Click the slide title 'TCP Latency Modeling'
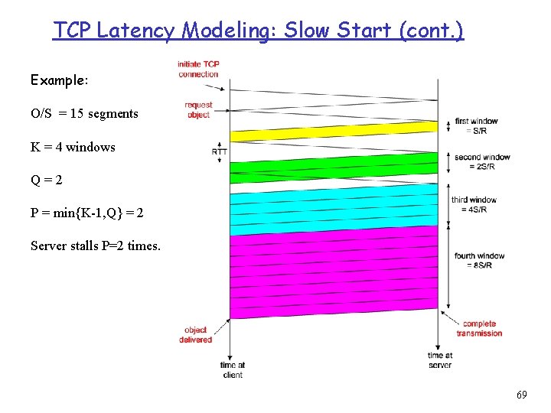tap(258, 31)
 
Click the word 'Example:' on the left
tap(60, 80)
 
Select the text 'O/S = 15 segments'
tap(84, 114)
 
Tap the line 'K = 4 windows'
tap(73, 147)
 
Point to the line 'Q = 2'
tap(47, 180)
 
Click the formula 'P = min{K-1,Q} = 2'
tap(86, 213)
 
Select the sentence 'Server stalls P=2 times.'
tap(95, 246)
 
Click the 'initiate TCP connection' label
tap(198, 69)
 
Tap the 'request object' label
tap(198, 110)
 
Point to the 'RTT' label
tap(219, 151)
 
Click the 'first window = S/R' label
tap(477, 125)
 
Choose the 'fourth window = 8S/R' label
tap(480, 260)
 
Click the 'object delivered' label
tap(196, 335)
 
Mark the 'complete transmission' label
tap(480, 328)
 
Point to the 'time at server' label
tap(440, 360)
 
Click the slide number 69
tap(521, 395)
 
